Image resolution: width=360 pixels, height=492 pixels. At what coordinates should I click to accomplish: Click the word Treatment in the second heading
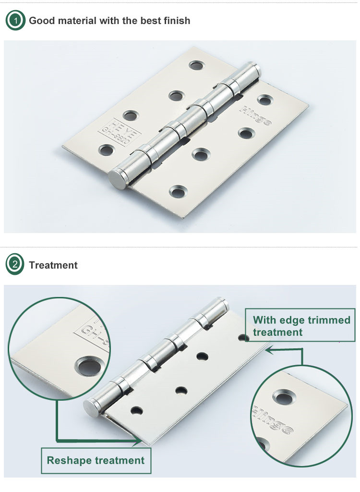point(53,265)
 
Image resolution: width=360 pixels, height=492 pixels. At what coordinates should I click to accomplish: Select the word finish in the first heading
point(176,21)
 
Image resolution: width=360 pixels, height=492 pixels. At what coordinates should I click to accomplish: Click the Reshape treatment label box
point(96,460)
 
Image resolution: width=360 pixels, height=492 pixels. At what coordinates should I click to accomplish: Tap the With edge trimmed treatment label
point(301,326)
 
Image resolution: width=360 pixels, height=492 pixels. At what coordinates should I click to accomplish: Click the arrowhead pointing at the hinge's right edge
point(269,350)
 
